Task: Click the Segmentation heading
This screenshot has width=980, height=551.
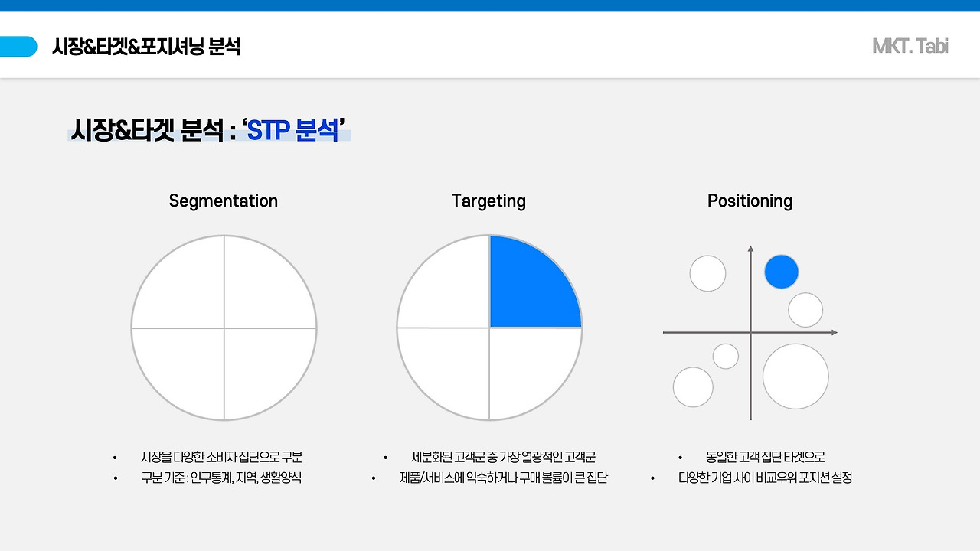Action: [x=223, y=201]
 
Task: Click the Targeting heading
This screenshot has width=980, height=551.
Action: [x=488, y=201]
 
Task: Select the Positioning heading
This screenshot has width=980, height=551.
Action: [x=750, y=201]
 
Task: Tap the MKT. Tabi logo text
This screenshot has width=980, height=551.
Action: [x=910, y=47]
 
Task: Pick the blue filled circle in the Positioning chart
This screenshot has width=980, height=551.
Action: [x=782, y=272]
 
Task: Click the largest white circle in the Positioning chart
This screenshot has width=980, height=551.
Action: [x=795, y=377]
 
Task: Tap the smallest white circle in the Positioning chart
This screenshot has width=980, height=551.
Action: [x=725, y=357]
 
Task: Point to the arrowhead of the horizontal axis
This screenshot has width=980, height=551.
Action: [x=835, y=332]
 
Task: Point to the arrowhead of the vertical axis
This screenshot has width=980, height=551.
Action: [x=751, y=249]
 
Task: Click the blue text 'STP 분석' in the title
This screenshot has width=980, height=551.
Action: [x=292, y=130]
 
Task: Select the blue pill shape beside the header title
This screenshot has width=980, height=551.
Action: [x=18, y=47]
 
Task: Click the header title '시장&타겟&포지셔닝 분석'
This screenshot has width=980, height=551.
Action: [x=146, y=47]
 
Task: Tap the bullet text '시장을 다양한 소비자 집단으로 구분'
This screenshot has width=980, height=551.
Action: [x=221, y=457]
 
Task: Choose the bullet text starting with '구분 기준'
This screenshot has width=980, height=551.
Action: [x=221, y=478]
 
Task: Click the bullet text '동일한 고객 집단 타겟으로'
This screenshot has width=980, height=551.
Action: [x=765, y=457]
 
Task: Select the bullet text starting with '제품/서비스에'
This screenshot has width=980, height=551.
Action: [x=504, y=478]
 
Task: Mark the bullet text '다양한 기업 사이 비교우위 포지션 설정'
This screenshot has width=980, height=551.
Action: [x=765, y=478]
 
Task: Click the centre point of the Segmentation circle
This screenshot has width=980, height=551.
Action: [x=224, y=328]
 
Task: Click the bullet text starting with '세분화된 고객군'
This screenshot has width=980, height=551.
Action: [x=504, y=457]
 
